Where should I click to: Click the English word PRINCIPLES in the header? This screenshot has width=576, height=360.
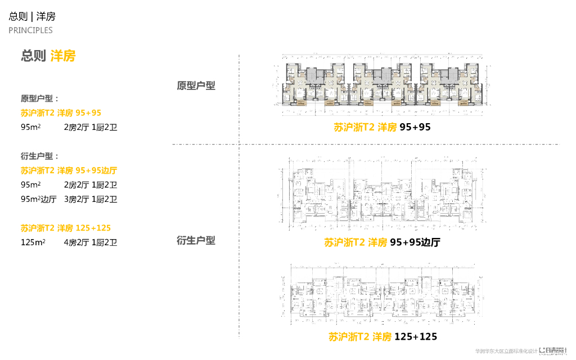[30, 30]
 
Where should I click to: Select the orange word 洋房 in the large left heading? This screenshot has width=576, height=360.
[62, 56]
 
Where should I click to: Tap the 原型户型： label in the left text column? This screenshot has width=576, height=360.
[40, 98]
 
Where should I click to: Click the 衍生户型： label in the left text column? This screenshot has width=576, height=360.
[40, 156]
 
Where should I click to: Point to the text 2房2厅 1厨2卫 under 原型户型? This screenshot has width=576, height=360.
[91, 127]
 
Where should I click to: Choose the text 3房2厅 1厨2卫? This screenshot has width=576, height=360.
[91, 199]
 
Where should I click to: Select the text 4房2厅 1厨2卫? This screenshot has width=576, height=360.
[91, 243]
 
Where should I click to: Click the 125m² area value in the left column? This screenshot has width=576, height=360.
[33, 243]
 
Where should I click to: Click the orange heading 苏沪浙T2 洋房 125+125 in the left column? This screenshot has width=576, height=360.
[65, 228]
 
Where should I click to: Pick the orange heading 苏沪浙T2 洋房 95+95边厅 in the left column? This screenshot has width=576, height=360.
[69, 170]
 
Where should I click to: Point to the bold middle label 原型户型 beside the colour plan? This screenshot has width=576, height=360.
[196, 85]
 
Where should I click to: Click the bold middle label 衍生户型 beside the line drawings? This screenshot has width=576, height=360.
[196, 240]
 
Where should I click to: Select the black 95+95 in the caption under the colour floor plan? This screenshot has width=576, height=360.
[415, 127]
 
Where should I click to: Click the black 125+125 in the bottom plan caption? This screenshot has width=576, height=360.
[416, 337]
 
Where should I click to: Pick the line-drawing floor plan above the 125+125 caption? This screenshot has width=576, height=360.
[382, 296]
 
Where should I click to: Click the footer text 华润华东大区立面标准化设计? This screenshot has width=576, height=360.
[506, 350]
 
